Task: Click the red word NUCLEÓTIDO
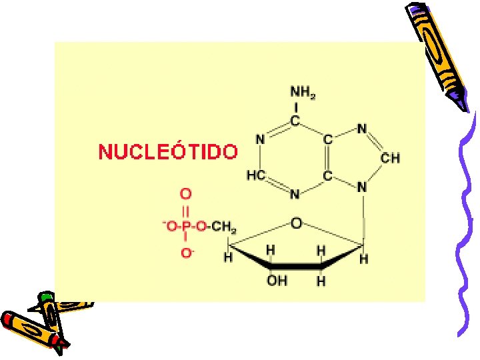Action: [x=167, y=152]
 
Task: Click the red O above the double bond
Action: [x=187, y=193]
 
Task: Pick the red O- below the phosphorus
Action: [x=187, y=253]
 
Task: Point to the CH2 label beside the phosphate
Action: [x=224, y=227]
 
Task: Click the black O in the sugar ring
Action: [x=297, y=221]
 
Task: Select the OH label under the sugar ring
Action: [x=277, y=281]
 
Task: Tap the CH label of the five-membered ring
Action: [x=390, y=158]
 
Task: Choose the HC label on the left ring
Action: [x=256, y=175]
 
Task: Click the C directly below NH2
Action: [x=295, y=122]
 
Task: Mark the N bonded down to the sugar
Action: [x=362, y=187]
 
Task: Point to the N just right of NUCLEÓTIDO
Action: [x=260, y=140]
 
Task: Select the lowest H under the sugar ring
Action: [x=321, y=281]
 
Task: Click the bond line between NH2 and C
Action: [x=295, y=108]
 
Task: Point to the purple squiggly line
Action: [x=467, y=220]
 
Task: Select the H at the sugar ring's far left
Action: [x=228, y=257]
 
